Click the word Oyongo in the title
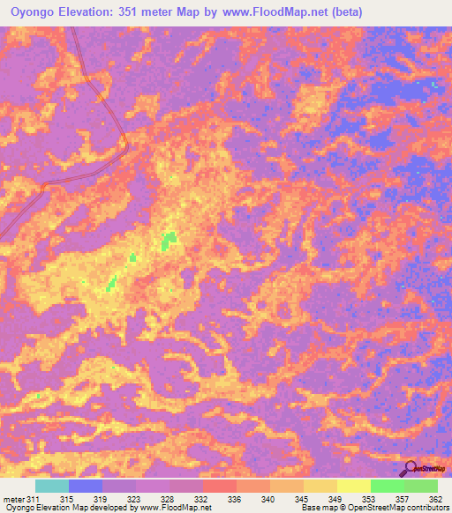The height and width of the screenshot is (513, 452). [36, 12]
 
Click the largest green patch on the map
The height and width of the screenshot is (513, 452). [168, 240]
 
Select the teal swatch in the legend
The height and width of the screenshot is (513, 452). [52, 486]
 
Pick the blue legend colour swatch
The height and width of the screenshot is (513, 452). [86, 486]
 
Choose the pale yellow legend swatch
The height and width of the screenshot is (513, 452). [353, 486]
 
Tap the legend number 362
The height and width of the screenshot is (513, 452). [433, 499]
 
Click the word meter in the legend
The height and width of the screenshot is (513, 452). [14, 499]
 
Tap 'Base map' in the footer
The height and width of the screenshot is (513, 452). [317, 508]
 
